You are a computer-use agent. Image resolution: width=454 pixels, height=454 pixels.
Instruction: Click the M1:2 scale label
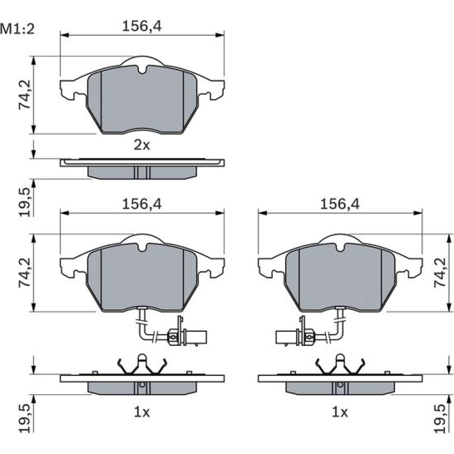click(x=17, y=29)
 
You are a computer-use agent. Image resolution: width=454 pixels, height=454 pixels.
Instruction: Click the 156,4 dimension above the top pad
click(x=142, y=26)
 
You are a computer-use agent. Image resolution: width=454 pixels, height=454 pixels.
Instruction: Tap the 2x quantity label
click(x=142, y=145)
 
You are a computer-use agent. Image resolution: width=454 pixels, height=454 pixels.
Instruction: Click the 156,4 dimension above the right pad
click(x=340, y=204)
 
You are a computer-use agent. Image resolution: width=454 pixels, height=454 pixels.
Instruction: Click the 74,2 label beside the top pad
click(x=25, y=94)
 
